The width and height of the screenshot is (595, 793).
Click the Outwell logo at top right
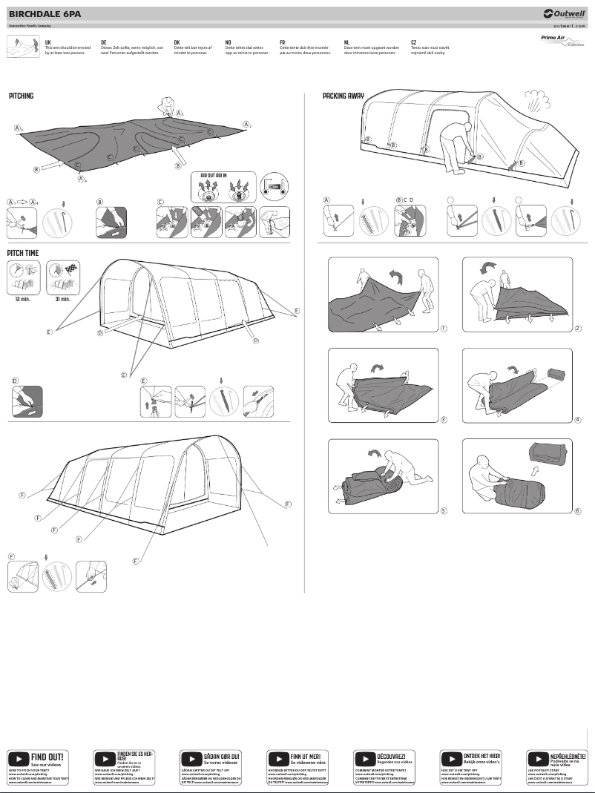coord(564,13)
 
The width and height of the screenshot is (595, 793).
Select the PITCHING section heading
coord(22,96)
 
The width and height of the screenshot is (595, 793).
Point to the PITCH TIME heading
coord(24,253)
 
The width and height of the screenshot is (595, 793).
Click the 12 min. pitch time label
coord(22,299)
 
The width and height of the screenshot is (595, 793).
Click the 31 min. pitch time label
coord(62,299)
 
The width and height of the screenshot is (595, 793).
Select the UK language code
coord(48,43)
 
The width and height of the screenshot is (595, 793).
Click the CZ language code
coord(413,43)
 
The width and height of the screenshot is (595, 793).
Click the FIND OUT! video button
coord(37,760)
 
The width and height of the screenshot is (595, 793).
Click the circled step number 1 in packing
coord(443,328)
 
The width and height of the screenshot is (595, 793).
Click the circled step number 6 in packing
coord(577,510)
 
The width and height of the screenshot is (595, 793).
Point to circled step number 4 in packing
coord(577,419)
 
